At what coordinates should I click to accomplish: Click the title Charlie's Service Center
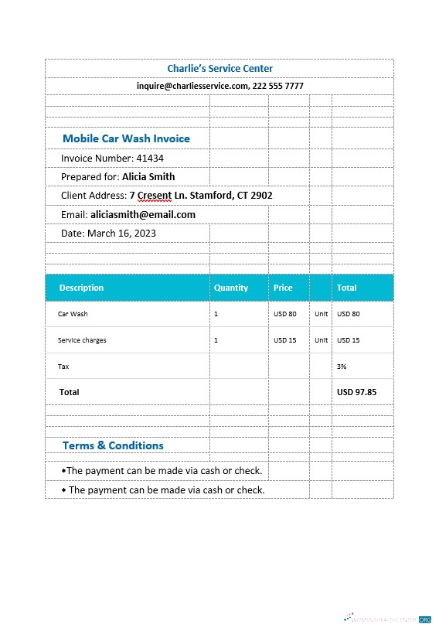pyautogui.click(x=219, y=69)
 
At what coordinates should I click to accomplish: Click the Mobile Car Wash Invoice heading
pyautogui.click(x=126, y=138)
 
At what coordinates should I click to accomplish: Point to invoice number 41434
pyautogui.click(x=150, y=158)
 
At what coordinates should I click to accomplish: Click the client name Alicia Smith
pyautogui.click(x=148, y=176)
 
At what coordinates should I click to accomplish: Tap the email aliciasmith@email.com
pyautogui.click(x=143, y=214)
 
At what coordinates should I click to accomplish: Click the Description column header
pyautogui.click(x=81, y=288)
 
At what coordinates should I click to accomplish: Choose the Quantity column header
pyautogui.click(x=231, y=288)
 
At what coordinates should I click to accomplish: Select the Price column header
pyautogui.click(x=283, y=288)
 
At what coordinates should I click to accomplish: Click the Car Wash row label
pyautogui.click(x=73, y=314)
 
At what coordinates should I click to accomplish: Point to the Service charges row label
pyautogui.click(x=82, y=340)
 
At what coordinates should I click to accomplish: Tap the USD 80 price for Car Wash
pyautogui.click(x=285, y=314)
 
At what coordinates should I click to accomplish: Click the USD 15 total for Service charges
pyautogui.click(x=349, y=340)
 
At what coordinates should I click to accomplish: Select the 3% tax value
pyautogui.click(x=342, y=367)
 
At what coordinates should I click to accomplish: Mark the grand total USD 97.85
pyautogui.click(x=356, y=392)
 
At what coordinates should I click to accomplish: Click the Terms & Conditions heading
pyautogui.click(x=113, y=445)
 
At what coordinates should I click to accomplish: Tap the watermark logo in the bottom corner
pyautogui.click(x=386, y=619)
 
